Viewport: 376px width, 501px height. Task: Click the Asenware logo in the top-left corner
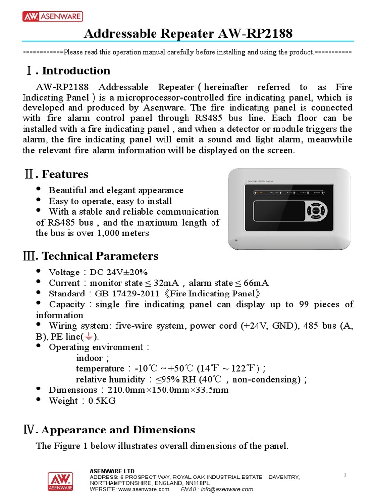pos(52,17)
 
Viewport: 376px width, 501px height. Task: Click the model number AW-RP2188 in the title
pos(254,34)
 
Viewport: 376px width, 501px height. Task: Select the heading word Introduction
pos(76,70)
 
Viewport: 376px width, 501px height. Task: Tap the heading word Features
pos(65,174)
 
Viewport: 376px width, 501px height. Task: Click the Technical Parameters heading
pos(100,256)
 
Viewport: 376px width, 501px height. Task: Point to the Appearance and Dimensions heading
pos(118,430)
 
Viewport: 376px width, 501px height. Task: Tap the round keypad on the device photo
pos(316,211)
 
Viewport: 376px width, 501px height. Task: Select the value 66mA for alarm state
pos(256,283)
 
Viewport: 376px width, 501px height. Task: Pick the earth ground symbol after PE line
pos(89,337)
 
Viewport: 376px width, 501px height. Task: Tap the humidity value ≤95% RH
pos(173,379)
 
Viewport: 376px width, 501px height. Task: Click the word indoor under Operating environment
pos(90,358)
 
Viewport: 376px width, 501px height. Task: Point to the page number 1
pos(345,475)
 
